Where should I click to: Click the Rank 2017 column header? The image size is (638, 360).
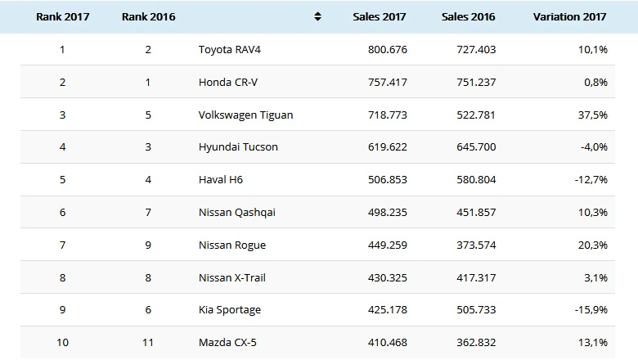(x=62, y=16)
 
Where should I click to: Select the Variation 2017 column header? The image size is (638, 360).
(x=570, y=16)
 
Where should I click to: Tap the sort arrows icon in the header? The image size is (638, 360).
(x=318, y=16)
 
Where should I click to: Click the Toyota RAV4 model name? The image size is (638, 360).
(x=230, y=49)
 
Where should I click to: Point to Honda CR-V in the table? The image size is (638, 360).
(x=227, y=82)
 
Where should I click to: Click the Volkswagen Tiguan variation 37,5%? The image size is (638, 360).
(x=592, y=115)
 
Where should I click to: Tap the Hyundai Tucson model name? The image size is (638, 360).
(x=238, y=147)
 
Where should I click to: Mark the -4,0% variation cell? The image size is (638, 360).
(x=593, y=147)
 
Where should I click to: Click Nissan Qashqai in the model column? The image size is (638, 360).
(x=237, y=213)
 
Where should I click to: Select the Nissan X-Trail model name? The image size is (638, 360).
(x=232, y=277)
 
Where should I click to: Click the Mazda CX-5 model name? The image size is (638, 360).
(x=227, y=342)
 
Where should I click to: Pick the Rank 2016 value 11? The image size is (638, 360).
(x=148, y=342)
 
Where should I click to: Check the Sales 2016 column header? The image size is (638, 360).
(x=469, y=16)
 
